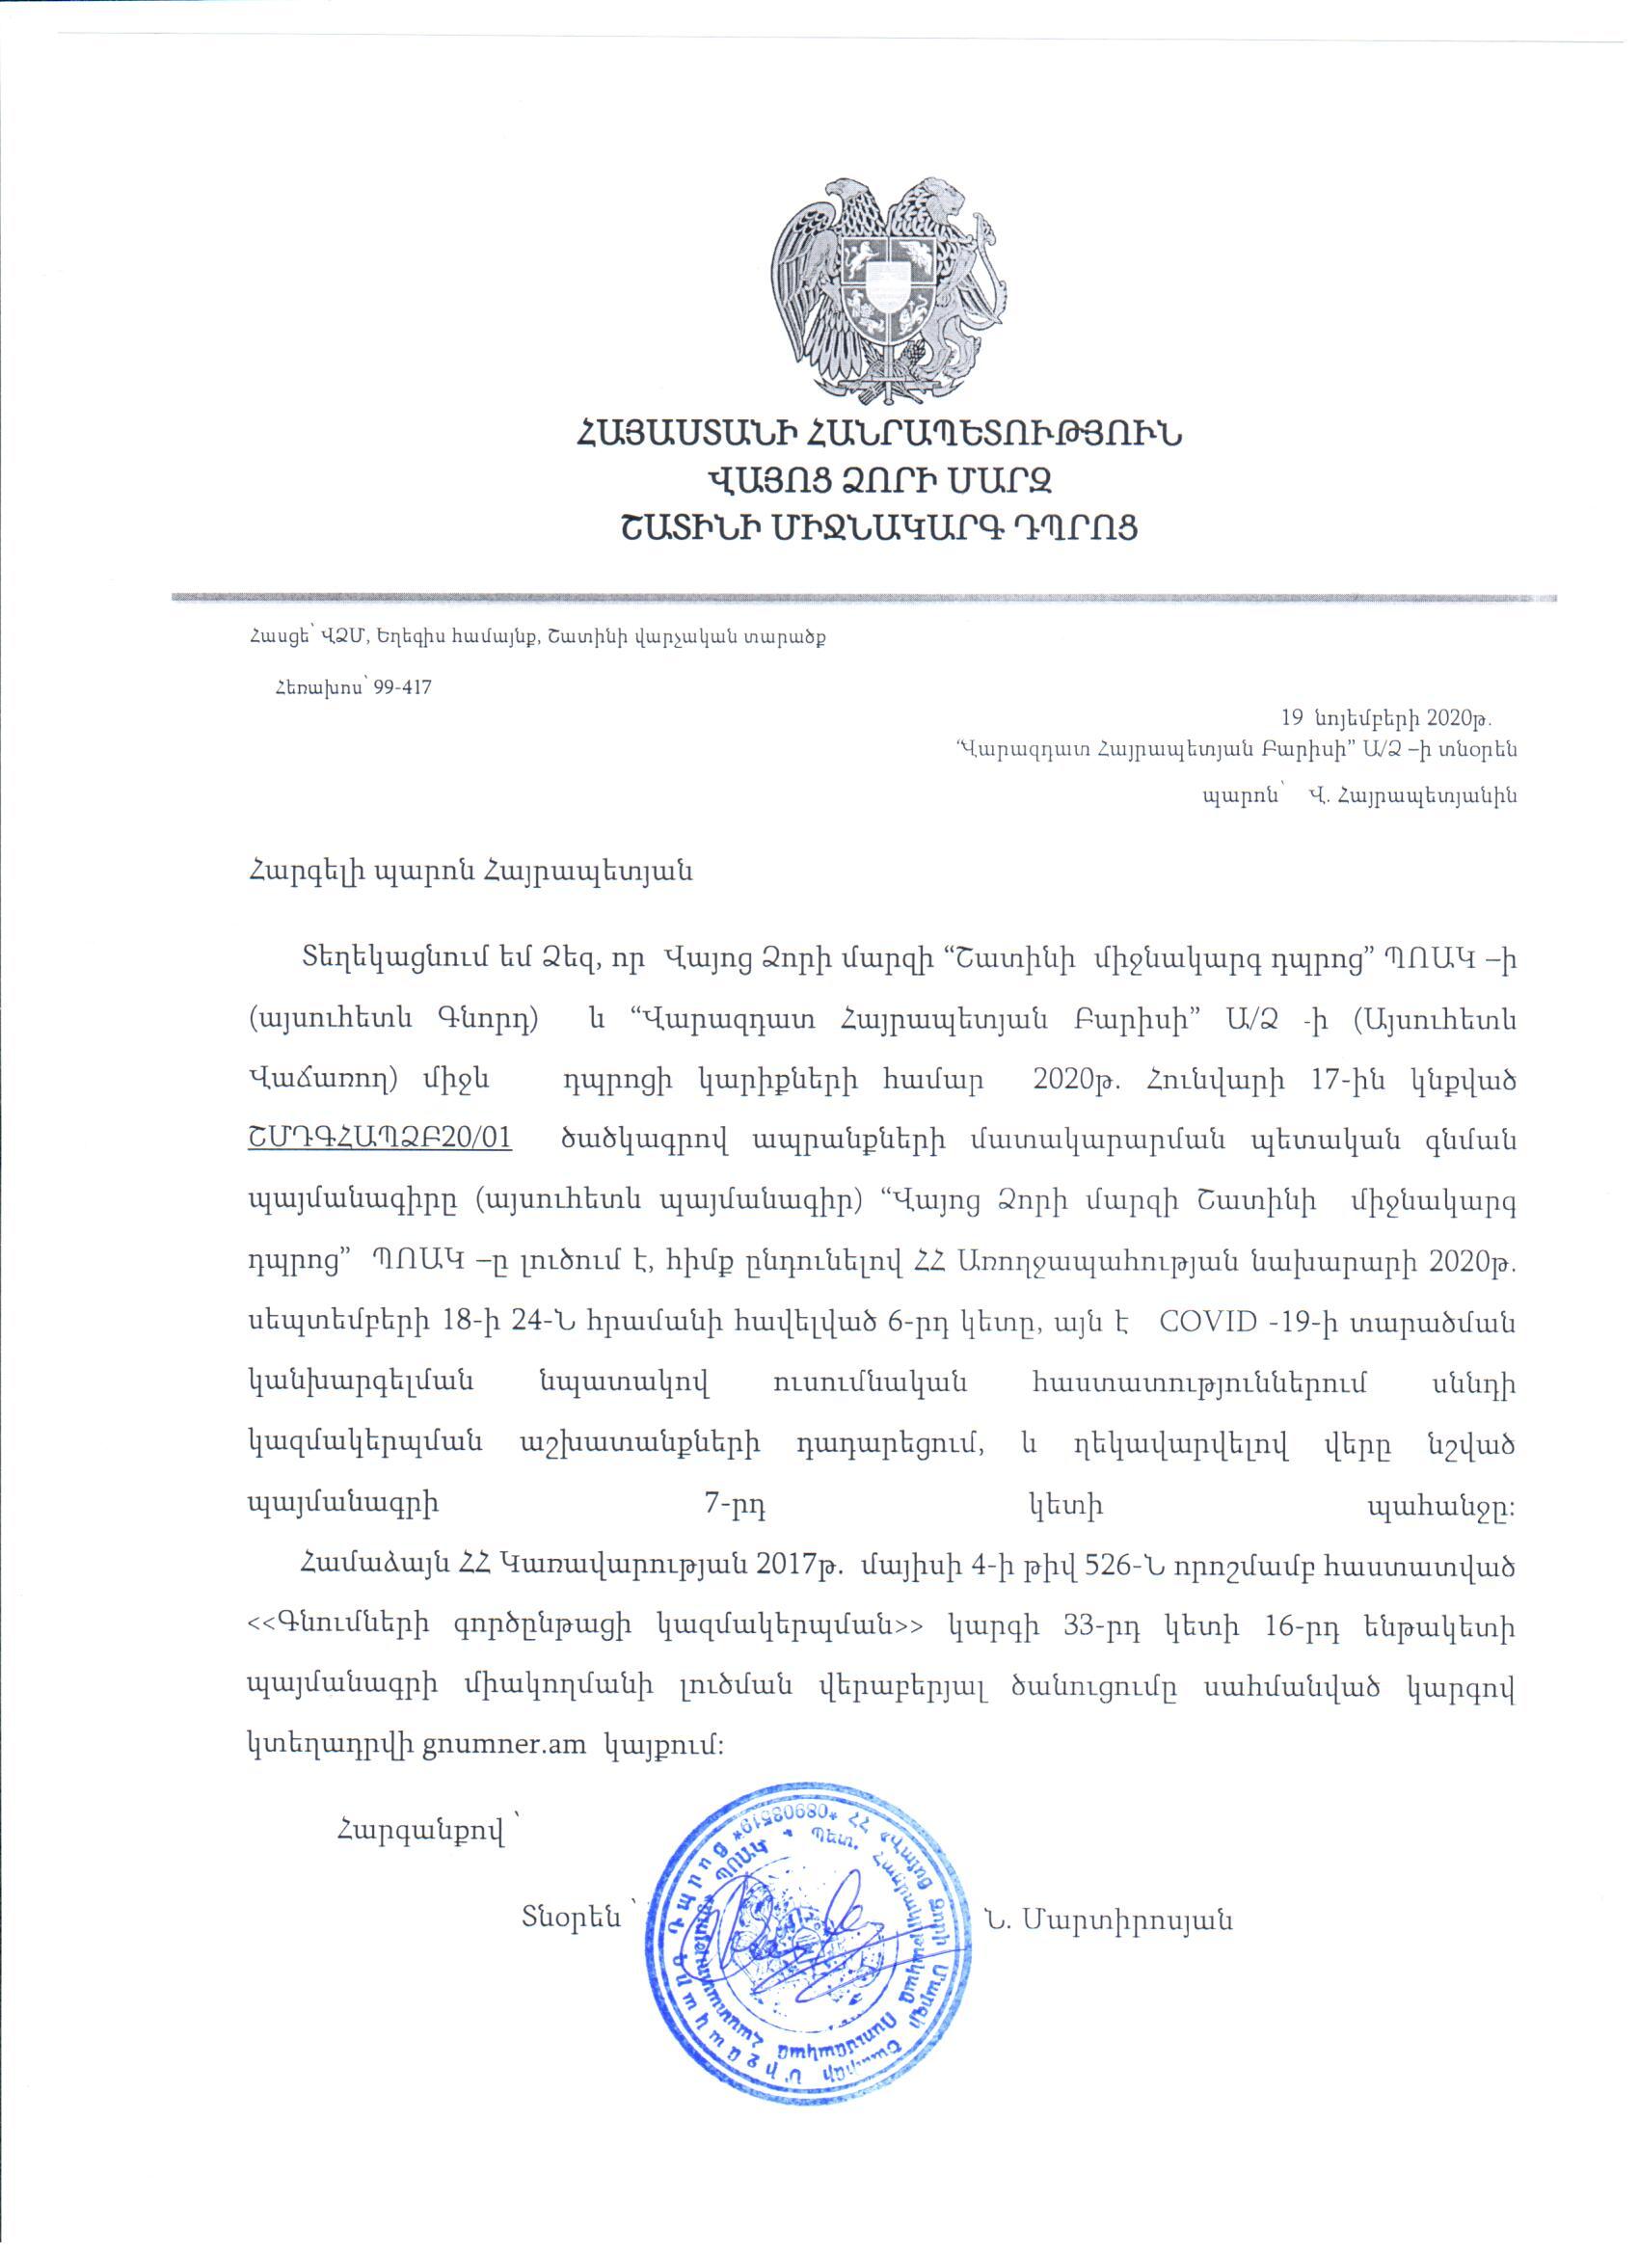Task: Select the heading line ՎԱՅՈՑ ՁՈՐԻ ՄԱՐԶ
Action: tap(878, 482)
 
